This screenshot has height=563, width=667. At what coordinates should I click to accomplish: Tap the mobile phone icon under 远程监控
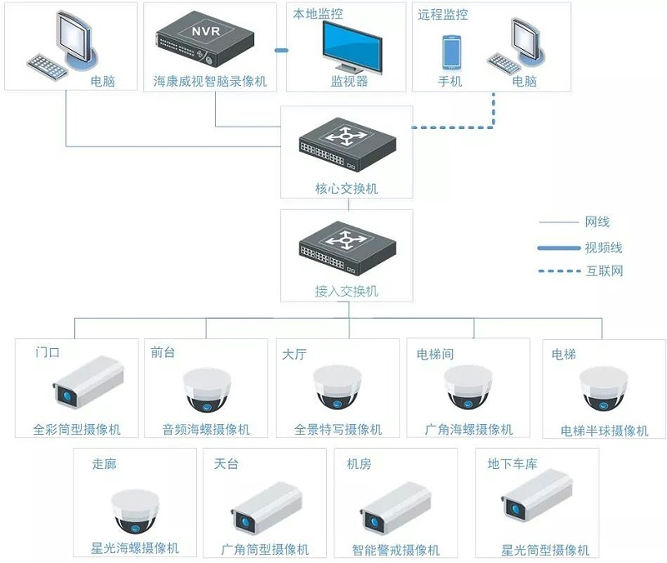[451, 52]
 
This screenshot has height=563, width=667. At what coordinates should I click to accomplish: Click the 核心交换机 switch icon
[347, 144]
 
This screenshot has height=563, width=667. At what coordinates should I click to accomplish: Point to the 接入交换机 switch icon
[347, 247]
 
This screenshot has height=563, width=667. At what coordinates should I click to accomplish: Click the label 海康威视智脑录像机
[210, 82]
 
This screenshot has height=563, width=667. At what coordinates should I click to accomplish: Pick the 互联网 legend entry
[604, 271]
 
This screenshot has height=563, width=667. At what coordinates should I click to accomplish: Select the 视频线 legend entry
[604, 247]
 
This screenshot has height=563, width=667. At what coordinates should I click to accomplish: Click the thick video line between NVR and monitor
[281, 51]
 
